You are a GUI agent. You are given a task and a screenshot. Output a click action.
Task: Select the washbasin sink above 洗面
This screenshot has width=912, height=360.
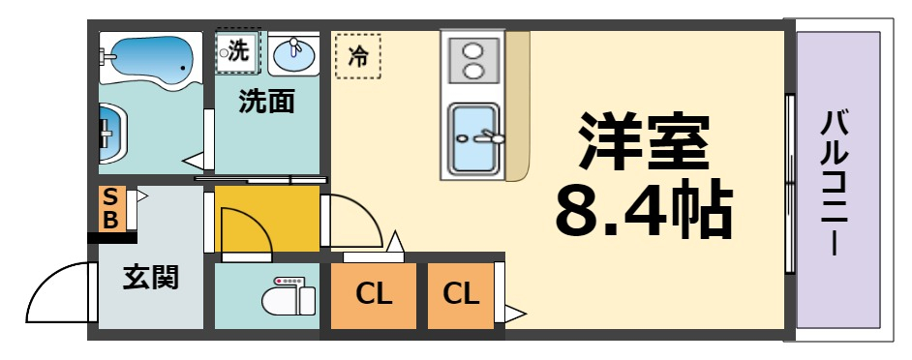point(293,55)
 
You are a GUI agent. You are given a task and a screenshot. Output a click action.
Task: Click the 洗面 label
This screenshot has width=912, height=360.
point(267,102)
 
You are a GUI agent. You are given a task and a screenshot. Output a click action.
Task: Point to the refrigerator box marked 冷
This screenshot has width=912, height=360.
point(358,56)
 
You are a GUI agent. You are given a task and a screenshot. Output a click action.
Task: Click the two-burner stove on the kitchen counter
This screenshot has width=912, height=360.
point(472,59)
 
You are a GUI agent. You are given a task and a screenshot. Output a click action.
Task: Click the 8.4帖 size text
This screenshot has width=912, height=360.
point(643,207)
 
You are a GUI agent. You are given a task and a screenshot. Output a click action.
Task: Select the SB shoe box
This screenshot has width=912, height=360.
point(111,208)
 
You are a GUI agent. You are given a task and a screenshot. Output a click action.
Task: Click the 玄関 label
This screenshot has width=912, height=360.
point(151,278)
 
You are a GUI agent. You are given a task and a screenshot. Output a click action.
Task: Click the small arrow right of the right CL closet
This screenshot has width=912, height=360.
point(515,314)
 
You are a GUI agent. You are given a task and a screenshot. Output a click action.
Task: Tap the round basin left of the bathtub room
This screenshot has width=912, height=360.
point(109,133)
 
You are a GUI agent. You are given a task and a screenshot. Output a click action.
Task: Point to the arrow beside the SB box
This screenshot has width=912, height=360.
point(141,196)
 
